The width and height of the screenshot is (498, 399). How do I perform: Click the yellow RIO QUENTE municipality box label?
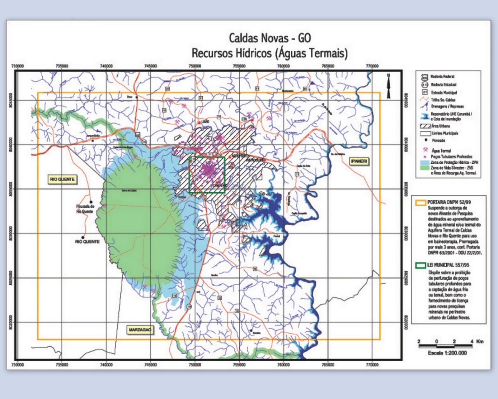[62, 179]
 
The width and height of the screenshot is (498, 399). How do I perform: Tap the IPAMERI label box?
[359, 161]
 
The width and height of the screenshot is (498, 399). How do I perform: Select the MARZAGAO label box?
[140, 329]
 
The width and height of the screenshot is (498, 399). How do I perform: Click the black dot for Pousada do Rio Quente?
[91, 202]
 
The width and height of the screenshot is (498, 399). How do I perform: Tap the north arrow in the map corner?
[388, 86]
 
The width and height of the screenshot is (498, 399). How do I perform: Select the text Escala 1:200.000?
[447, 353]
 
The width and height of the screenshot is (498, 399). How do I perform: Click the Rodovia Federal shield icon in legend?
[425, 77]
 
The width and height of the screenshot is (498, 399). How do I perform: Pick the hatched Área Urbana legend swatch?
[425, 126]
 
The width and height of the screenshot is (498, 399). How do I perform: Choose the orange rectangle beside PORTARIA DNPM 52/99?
[420, 202]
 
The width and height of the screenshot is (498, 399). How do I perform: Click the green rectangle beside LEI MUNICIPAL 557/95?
[420, 265]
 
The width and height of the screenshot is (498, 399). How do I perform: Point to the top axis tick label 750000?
[195, 66]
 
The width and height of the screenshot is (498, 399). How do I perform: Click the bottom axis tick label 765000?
[328, 364]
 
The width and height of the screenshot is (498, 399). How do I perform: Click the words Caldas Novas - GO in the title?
[270, 38]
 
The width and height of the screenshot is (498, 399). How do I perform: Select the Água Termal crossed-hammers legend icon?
[425, 150]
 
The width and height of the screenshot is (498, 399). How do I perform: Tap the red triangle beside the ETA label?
[252, 120]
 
